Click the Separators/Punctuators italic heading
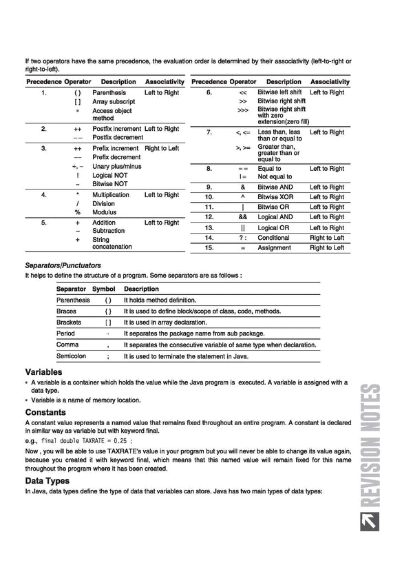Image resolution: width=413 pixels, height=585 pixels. [x=63, y=265]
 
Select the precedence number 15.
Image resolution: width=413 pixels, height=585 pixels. [x=209, y=247]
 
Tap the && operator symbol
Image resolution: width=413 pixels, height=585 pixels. [x=243, y=217]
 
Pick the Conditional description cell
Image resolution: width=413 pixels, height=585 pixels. [x=273, y=238]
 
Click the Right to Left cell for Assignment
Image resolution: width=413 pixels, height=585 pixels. [x=327, y=247]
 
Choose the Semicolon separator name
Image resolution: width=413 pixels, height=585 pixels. [x=71, y=356]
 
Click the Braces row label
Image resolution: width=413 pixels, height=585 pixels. [x=66, y=311]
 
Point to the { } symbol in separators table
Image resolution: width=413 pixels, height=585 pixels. [x=108, y=311]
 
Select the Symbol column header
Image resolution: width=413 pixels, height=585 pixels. [x=104, y=289]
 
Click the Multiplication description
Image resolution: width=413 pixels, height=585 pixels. [x=111, y=195]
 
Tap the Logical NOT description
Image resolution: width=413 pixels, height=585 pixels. [x=110, y=175]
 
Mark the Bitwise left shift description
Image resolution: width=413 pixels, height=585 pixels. [x=279, y=92]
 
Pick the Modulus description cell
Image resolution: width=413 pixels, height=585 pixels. [x=105, y=213]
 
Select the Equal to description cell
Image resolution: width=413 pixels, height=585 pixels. [x=269, y=168]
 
